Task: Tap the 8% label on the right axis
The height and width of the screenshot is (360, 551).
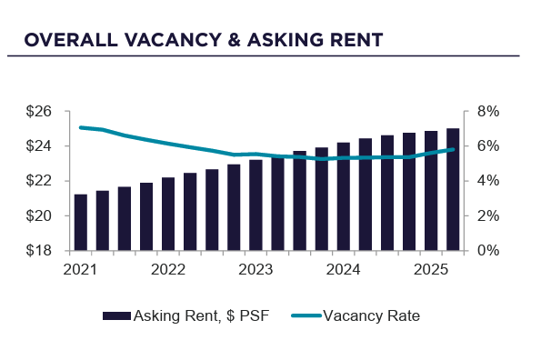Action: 482,112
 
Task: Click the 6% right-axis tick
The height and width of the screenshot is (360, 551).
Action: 482,146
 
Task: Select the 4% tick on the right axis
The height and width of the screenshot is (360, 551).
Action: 482,181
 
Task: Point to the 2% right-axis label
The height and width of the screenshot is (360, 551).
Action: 482,215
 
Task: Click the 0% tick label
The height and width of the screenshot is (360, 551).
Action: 482,250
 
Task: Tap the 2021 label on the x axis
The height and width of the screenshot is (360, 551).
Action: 81,269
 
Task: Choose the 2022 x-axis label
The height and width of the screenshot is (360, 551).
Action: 168,269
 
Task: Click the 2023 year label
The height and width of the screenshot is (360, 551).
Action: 255,269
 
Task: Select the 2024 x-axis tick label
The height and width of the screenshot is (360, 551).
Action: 344,269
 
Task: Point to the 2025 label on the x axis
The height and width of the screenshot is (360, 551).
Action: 431,269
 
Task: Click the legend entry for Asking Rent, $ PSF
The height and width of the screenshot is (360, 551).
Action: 186,315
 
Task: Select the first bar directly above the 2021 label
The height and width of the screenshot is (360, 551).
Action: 81,222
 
